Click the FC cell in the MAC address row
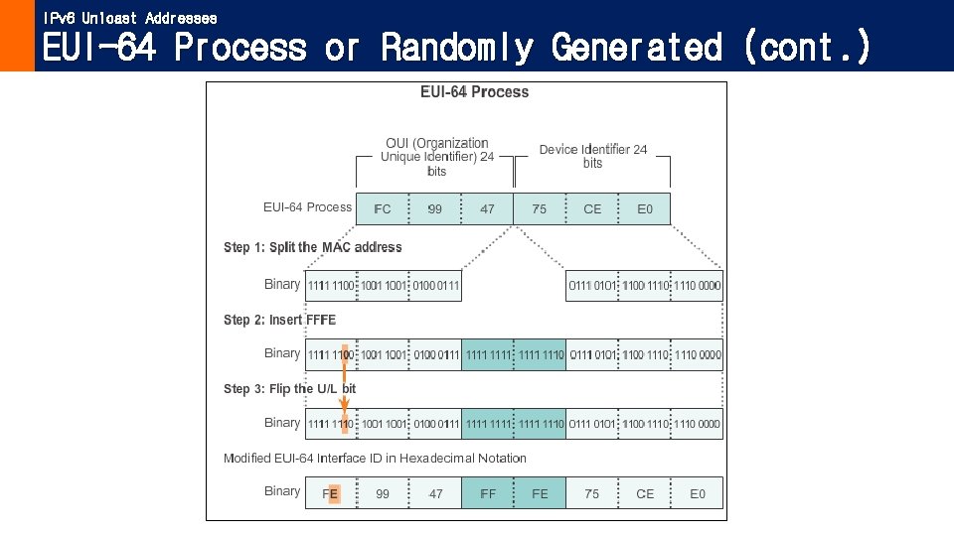pyautogui.click(x=382, y=209)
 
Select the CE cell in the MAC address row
pyautogui.click(x=592, y=209)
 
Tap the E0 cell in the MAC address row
pyautogui.click(x=645, y=209)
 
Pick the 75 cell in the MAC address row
pyautogui.click(x=540, y=209)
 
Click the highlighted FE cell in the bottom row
pyautogui.click(x=331, y=493)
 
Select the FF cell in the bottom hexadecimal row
pyautogui.click(x=488, y=493)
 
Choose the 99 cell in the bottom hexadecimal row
pyautogui.click(x=383, y=493)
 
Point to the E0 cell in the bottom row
pyautogui.click(x=698, y=493)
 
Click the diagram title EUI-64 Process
pyautogui.click(x=474, y=92)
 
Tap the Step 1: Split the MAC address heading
pyautogui.click(x=313, y=247)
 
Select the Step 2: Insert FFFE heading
pyautogui.click(x=280, y=320)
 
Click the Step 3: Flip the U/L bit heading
pyautogui.click(x=289, y=389)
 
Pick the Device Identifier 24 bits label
pyautogui.click(x=593, y=156)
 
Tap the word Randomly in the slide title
pyautogui.click(x=457, y=47)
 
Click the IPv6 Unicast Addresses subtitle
pyautogui.click(x=129, y=18)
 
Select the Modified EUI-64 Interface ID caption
pyautogui.click(x=375, y=459)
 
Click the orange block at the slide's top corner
pyautogui.click(x=17, y=36)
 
